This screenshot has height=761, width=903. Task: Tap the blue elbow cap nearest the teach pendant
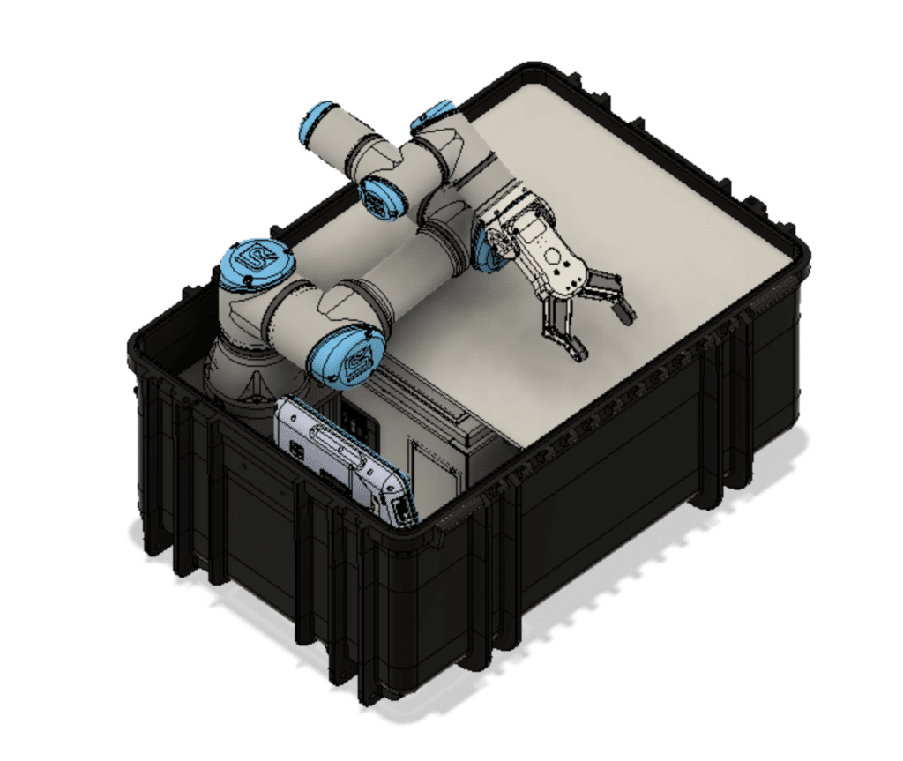(x=347, y=357)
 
